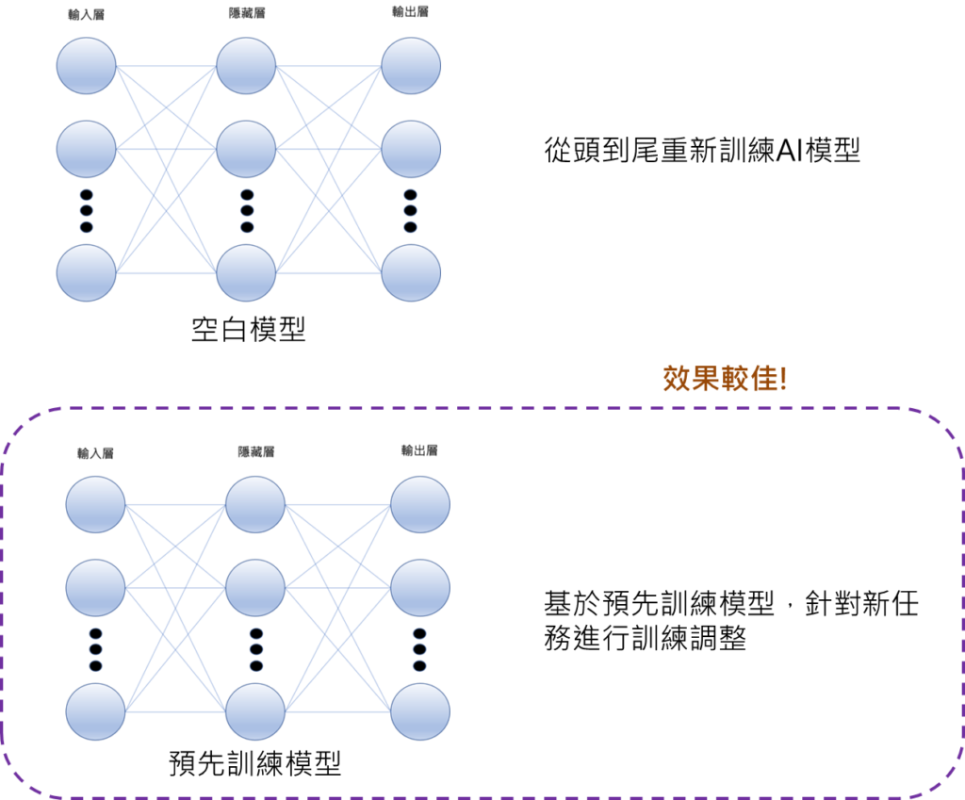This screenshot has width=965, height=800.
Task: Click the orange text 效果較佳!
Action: [x=725, y=379]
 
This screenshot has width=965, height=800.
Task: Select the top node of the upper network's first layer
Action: [x=86, y=66]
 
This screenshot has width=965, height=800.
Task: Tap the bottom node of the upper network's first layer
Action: [x=86, y=273]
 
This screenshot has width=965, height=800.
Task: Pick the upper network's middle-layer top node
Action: [x=246, y=66]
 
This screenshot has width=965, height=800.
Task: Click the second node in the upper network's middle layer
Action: [x=246, y=149]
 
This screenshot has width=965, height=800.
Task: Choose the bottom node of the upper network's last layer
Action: [x=411, y=273]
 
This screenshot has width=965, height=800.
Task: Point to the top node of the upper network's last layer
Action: [x=411, y=66]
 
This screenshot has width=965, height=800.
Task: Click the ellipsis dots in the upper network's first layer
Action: [x=86, y=211]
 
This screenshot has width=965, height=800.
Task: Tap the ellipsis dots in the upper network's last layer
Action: [x=410, y=211]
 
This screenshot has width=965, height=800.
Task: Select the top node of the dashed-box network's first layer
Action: [x=95, y=504]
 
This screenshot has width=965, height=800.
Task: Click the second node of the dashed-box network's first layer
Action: [x=95, y=587]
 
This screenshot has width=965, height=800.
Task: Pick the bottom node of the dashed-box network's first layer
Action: [x=95, y=711]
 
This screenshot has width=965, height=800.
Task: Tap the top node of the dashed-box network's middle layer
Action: [x=255, y=504]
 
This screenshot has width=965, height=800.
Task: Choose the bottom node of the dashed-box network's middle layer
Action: [x=255, y=711]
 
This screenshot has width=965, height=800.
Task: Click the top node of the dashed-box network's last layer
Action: [x=420, y=504]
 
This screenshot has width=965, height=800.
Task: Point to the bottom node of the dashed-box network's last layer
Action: [x=420, y=711]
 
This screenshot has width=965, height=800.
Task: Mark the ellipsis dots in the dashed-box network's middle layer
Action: [x=255, y=649]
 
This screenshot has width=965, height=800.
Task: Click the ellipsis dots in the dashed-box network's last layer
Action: [x=419, y=649]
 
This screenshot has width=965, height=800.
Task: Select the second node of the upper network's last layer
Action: [x=411, y=149]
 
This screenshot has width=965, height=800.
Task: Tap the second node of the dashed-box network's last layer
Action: [x=420, y=587]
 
